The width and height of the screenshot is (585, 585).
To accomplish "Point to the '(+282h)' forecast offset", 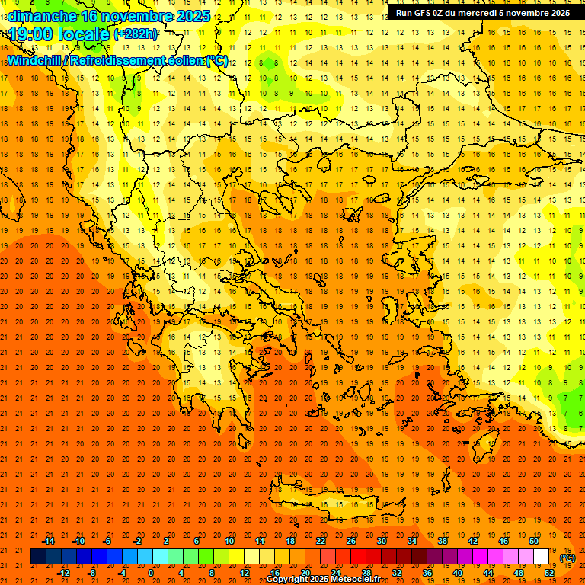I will coord(136,34).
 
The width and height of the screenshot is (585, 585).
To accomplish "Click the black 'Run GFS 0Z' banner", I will coord(481,13).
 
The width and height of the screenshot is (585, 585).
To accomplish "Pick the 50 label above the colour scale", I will coord(533,541).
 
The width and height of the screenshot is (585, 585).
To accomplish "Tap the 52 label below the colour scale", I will coord(549,572).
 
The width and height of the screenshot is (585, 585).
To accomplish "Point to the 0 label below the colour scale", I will coord(151,572).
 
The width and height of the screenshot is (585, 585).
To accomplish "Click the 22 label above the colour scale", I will coord(321,541).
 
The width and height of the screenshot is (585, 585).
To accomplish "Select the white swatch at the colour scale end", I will coord(542,557).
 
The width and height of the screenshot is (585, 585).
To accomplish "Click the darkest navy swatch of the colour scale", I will coord(38,557).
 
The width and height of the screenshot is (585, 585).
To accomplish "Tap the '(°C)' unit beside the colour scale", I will coord(567,558).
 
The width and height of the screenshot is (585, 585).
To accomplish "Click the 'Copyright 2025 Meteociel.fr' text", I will coord(323,580).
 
